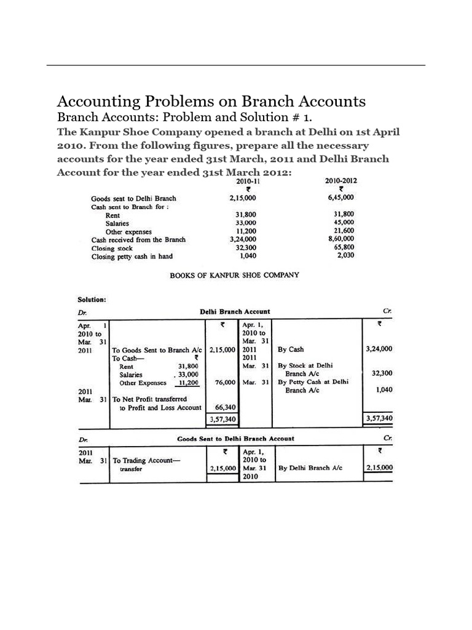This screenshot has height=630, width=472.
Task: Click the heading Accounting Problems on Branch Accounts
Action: (x=211, y=101)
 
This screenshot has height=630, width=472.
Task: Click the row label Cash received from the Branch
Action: (x=138, y=240)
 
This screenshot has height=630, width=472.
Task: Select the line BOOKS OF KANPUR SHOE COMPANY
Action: (x=234, y=275)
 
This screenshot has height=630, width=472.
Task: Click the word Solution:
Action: (x=92, y=300)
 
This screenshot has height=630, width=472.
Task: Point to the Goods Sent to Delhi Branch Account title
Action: (x=235, y=439)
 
